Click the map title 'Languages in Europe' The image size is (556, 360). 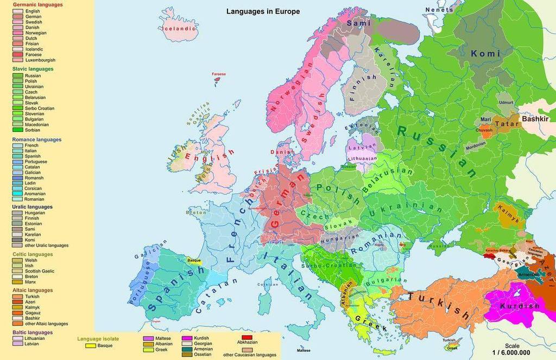(263, 11)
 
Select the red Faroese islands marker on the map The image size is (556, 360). (218, 79)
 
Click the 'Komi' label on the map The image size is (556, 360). (482, 53)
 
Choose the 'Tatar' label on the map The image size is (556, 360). (507, 124)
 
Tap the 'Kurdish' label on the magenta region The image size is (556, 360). (520, 306)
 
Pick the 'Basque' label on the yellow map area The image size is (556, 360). (194, 260)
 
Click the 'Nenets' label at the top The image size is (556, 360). (439, 10)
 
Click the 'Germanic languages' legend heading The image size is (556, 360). (37, 5)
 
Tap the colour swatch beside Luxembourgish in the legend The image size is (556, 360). (18, 60)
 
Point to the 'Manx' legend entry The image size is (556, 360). (31, 282)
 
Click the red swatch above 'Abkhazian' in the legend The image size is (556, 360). (247, 337)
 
